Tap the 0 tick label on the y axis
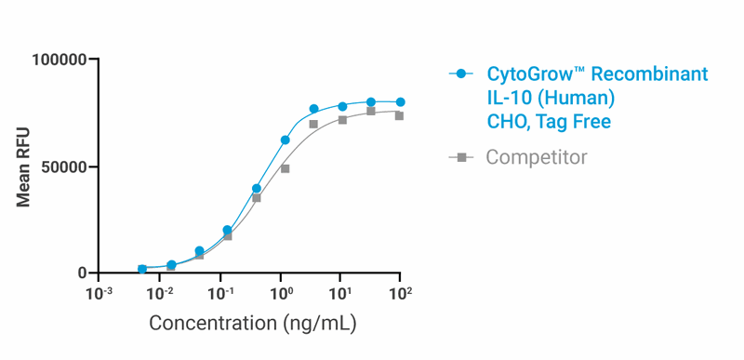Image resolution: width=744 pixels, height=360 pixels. (x=83, y=273)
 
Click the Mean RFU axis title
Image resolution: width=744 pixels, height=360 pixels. (x=23, y=167)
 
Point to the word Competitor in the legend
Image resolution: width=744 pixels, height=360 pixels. (x=537, y=157)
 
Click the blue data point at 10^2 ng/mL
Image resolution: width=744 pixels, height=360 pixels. (x=400, y=102)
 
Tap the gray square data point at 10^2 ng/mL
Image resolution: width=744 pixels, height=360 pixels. (x=399, y=115)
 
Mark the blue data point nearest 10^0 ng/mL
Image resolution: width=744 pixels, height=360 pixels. (x=286, y=140)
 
